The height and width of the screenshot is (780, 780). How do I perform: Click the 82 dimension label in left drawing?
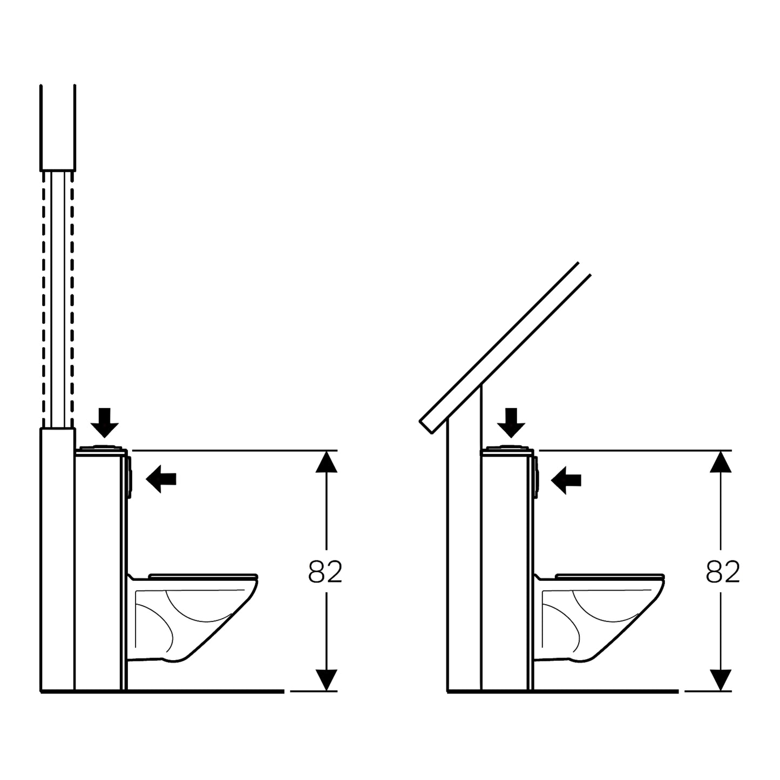point(325,572)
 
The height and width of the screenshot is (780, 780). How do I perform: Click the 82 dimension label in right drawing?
point(722,572)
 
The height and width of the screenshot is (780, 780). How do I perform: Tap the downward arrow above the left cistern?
point(104,422)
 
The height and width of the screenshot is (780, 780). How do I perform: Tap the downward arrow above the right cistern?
point(511,422)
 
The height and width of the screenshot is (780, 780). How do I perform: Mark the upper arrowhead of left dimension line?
point(326,462)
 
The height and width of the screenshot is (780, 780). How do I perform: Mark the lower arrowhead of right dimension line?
point(721,679)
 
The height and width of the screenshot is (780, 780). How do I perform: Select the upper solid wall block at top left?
point(57,127)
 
